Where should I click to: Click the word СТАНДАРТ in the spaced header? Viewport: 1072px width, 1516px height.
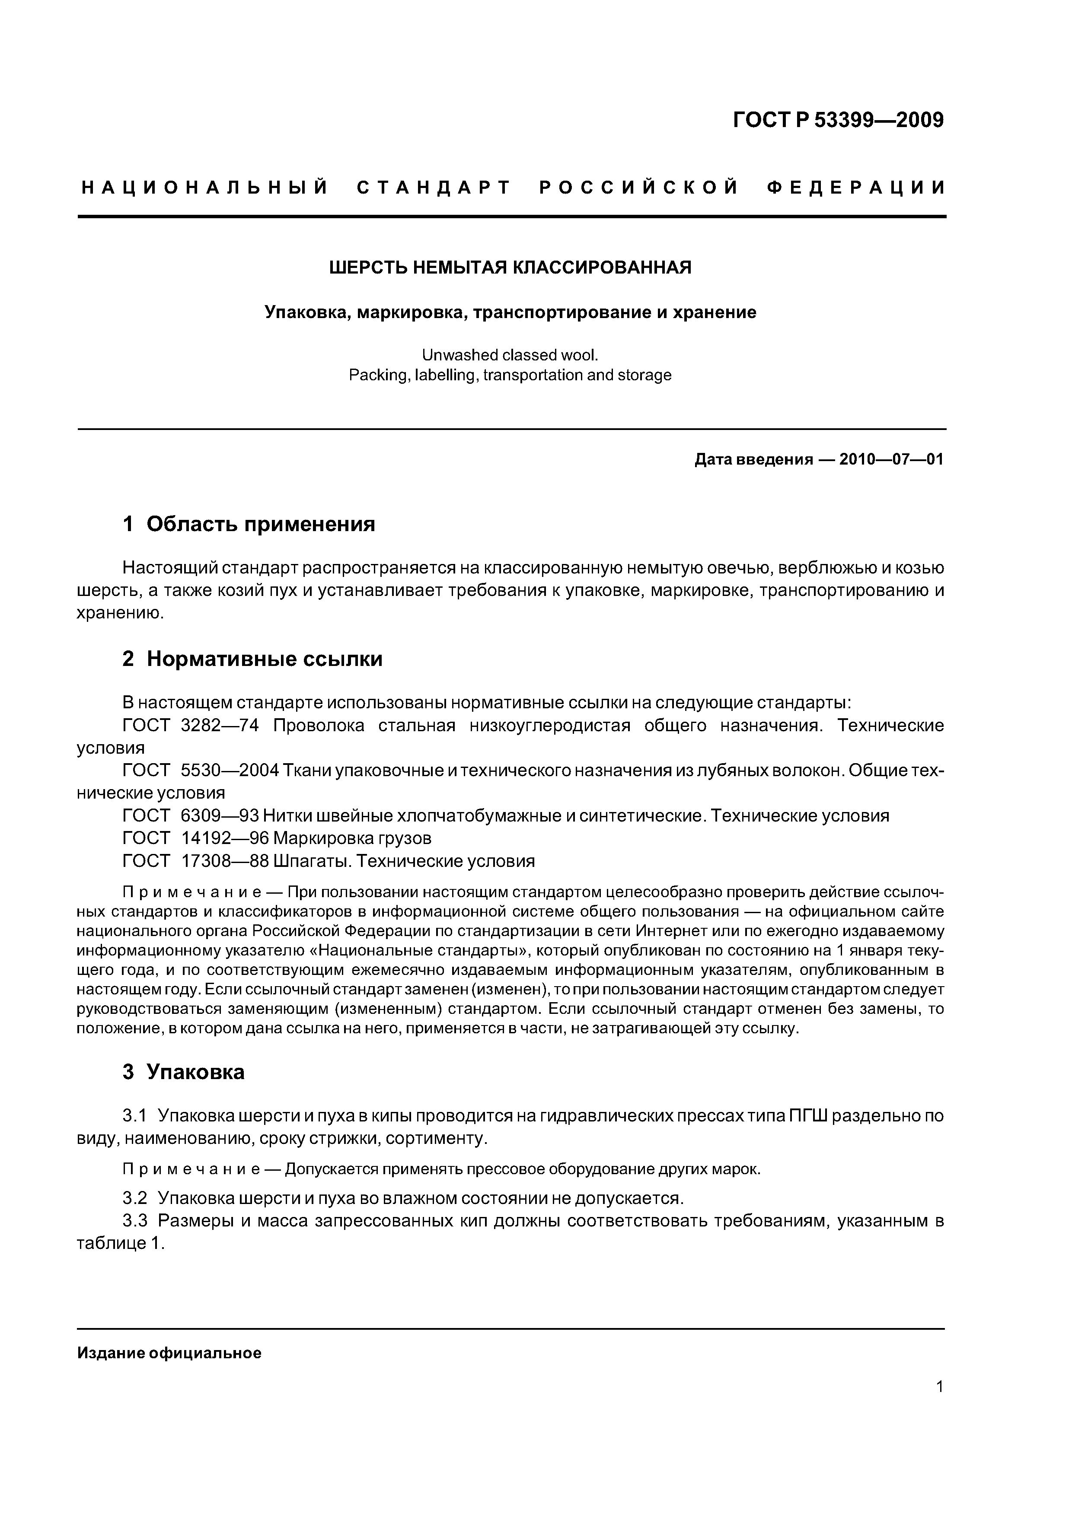(434, 188)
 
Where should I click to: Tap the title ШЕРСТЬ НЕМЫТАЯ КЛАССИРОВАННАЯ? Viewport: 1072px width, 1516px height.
(510, 268)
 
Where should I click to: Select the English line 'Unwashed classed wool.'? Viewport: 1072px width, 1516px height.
(510, 355)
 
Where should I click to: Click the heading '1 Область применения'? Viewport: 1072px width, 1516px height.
(249, 524)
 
